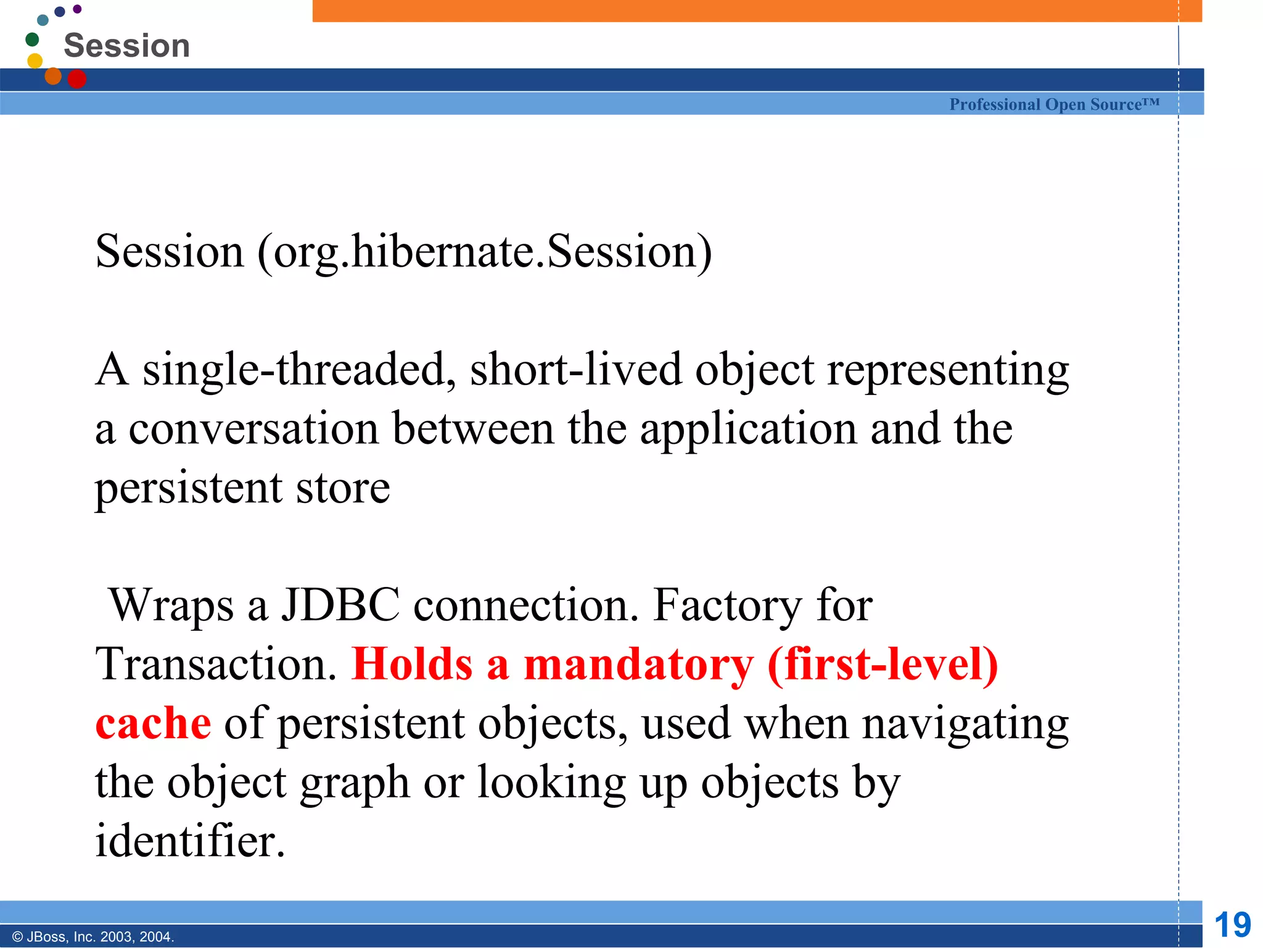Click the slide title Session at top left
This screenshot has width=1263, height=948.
126,46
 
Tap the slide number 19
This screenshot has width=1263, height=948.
1232,925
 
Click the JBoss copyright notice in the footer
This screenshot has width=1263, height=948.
93,937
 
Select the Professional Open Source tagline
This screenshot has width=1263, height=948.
1054,104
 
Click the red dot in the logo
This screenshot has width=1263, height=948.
76,79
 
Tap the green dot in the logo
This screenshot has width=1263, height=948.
32,39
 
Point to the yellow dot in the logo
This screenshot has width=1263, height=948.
35,60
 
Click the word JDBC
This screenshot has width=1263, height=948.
340,605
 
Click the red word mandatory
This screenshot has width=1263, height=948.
638,664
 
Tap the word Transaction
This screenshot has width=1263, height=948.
216,664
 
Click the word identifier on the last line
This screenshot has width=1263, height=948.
190,841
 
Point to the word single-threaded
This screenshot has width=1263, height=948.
300,369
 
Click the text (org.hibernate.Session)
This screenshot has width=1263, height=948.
485,252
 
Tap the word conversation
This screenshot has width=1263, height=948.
253,428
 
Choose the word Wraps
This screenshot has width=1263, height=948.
171,605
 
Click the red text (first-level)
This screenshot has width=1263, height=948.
882,664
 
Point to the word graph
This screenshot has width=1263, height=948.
355,783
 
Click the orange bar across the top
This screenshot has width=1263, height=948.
757,10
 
